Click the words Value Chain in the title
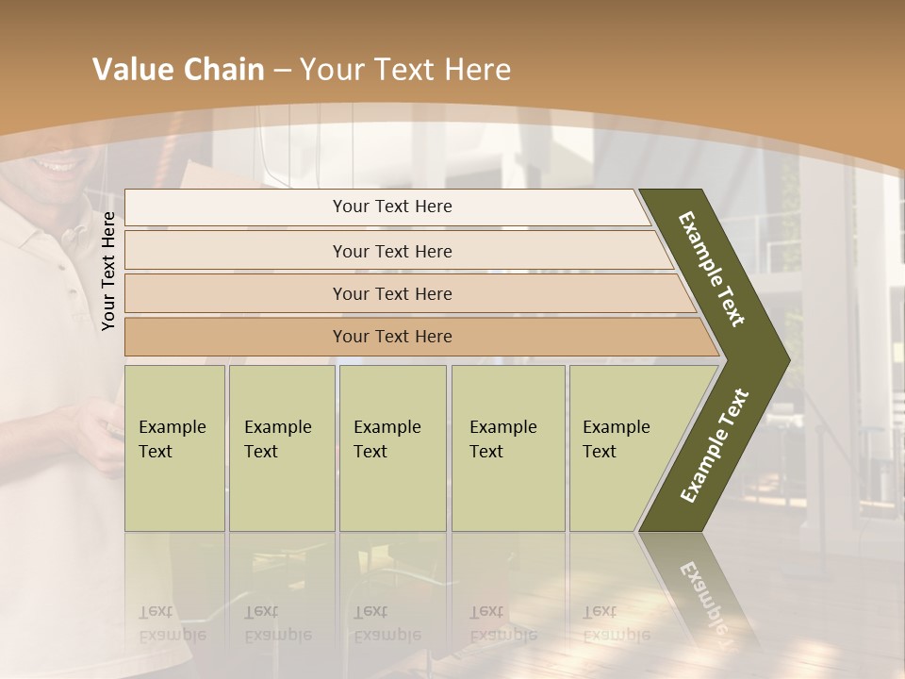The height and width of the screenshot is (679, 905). pyautogui.click(x=178, y=70)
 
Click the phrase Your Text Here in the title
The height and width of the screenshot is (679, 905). pyautogui.click(x=405, y=70)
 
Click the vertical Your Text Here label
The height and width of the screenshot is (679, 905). pyautogui.click(x=108, y=272)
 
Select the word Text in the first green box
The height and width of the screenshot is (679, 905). pyautogui.click(x=156, y=452)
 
